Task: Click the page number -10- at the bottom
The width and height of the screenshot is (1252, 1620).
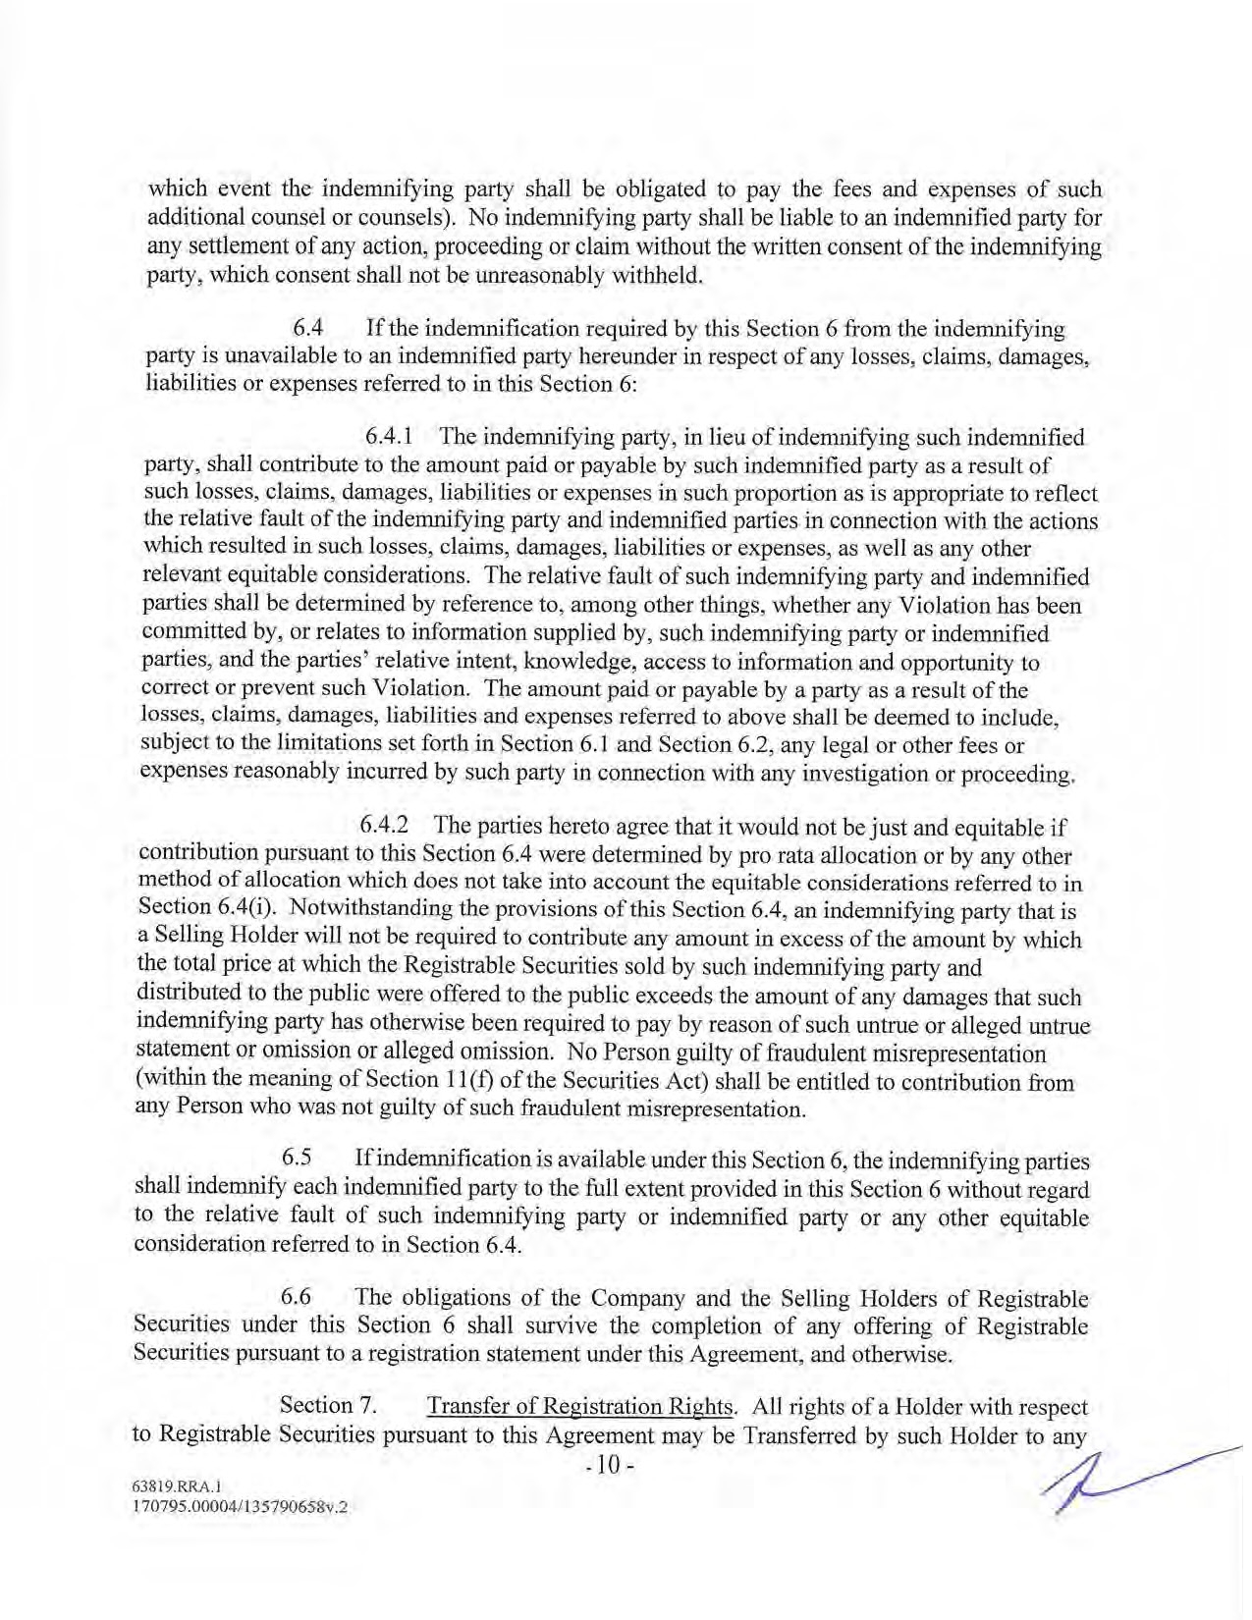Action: pyautogui.click(x=611, y=1466)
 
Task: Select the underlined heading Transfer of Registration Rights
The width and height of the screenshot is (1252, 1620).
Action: pyautogui.click(x=582, y=1406)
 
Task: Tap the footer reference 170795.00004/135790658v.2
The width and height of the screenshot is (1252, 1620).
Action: pyautogui.click(x=233, y=1507)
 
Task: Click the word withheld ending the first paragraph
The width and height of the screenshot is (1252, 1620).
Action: pyautogui.click(x=655, y=275)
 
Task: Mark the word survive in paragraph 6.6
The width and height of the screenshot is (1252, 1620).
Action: pyautogui.click(x=558, y=1325)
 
